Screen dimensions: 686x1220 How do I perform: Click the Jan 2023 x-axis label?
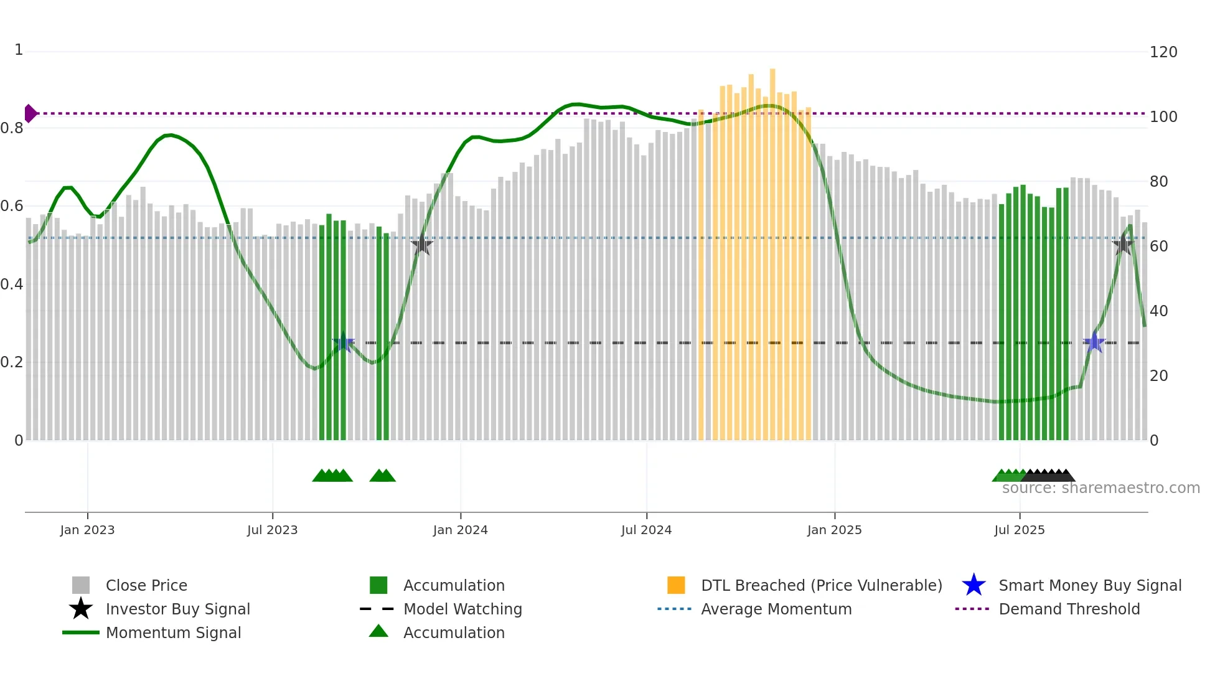[87, 530]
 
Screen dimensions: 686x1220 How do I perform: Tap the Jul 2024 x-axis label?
[646, 530]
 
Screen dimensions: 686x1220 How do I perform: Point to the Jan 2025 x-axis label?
[834, 530]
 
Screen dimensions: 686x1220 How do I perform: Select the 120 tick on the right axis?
[1163, 52]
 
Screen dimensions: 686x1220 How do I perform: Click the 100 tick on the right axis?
[1163, 117]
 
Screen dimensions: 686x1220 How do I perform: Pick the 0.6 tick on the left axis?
[12, 206]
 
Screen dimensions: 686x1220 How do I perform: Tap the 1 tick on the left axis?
[19, 50]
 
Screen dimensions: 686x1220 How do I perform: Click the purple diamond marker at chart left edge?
[30, 113]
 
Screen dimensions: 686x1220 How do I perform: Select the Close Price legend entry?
[146, 585]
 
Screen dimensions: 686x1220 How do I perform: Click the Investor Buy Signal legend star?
[81, 609]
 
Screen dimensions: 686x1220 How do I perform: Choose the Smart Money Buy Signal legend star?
[974, 585]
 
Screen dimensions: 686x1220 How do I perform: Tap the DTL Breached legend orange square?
[676, 585]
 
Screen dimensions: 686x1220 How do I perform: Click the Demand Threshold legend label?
[1069, 609]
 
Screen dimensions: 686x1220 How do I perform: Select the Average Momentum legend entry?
[776, 609]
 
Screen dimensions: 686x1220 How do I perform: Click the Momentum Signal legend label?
[173, 632]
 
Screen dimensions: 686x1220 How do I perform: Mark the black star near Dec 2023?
[421, 245]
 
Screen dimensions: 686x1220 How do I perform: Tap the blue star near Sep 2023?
[343, 342]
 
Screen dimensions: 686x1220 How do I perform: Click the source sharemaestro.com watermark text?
[1100, 488]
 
